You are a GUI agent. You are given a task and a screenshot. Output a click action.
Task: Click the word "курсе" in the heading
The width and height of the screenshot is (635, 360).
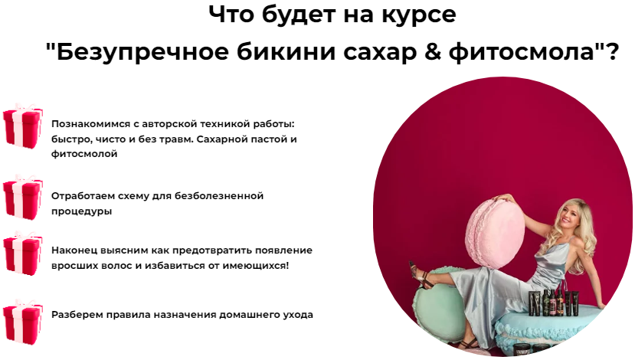pos(421,15)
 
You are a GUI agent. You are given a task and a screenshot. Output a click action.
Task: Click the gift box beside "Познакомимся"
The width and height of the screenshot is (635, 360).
pos(22,126)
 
